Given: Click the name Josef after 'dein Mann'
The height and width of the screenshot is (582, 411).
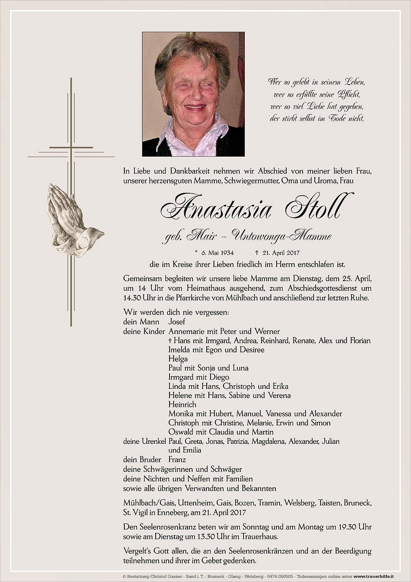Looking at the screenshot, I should click(x=177, y=322).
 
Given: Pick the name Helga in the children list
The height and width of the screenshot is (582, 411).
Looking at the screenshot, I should click(x=178, y=359).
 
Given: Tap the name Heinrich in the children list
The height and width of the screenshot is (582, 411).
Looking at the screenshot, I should click(x=182, y=404).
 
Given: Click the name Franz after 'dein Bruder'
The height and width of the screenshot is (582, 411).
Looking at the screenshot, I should click(x=177, y=459).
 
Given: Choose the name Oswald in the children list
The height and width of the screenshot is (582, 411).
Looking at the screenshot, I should click(x=181, y=432).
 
